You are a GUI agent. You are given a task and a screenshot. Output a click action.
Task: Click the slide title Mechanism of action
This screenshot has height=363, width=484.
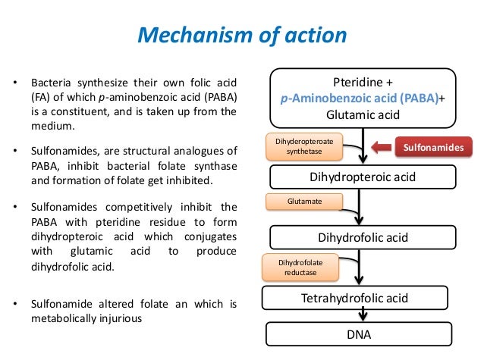[x=241, y=36]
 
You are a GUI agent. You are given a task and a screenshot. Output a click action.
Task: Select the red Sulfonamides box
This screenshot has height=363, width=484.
[x=435, y=146]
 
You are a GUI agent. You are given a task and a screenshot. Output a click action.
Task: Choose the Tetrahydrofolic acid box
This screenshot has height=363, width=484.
[x=360, y=296]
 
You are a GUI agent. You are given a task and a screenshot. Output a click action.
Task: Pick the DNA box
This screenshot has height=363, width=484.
[x=359, y=333]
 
